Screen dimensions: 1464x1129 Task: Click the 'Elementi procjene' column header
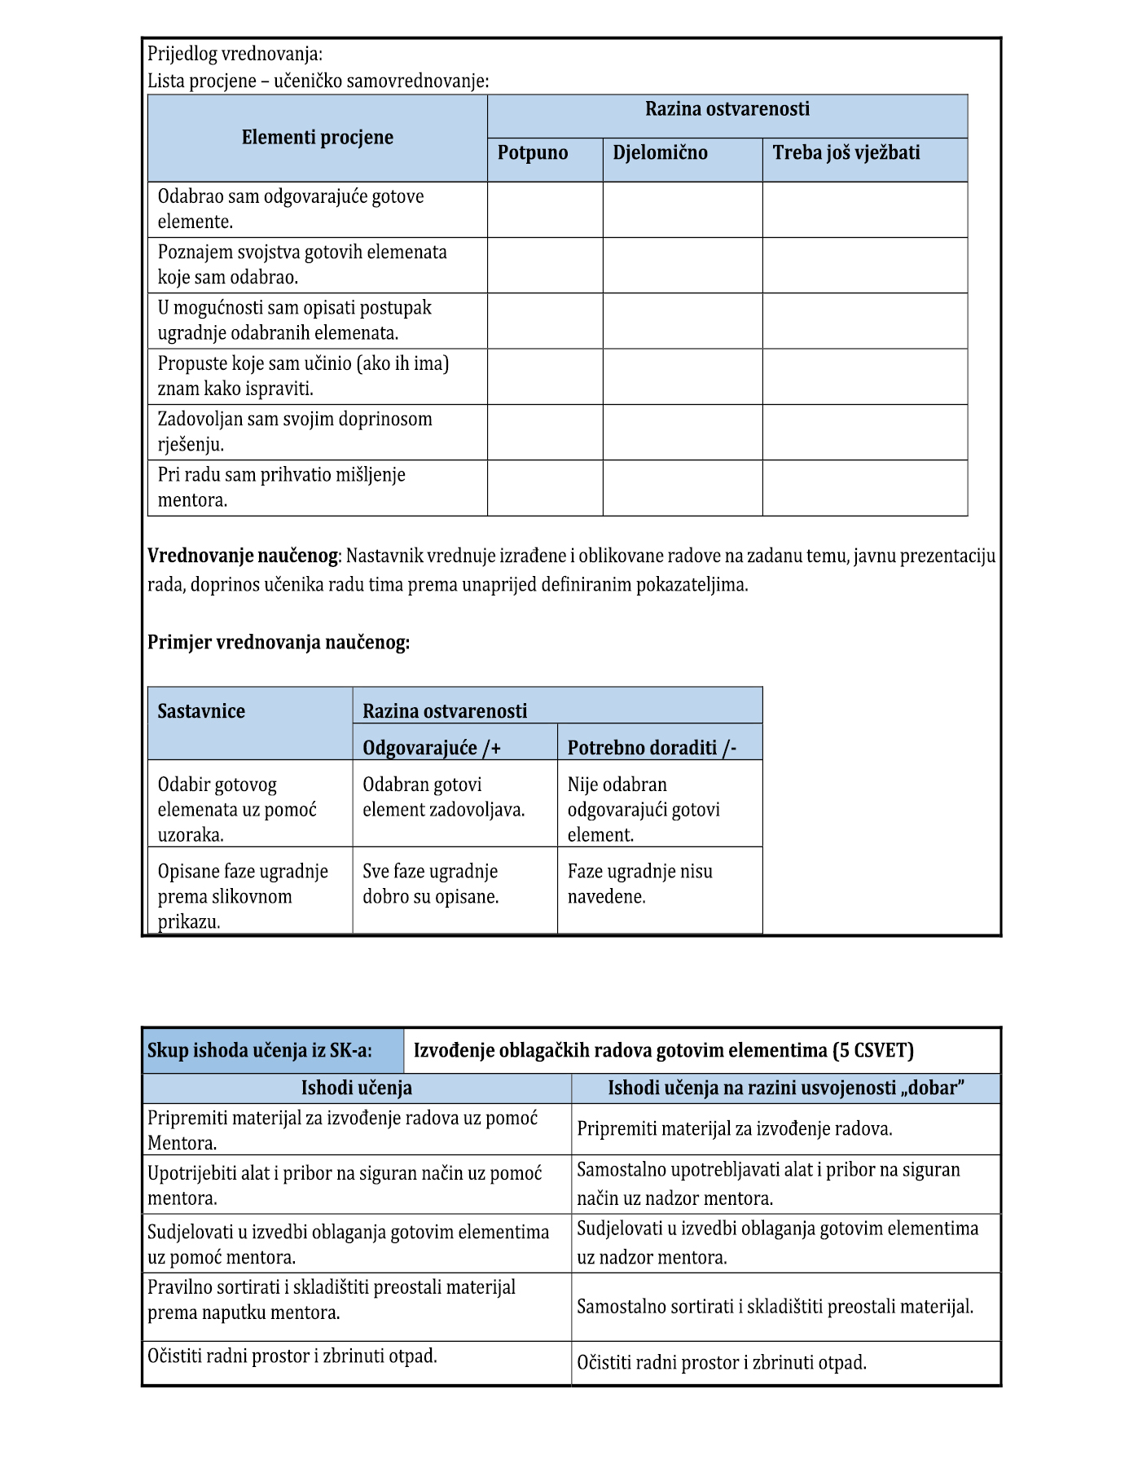pyautogui.click(x=317, y=138)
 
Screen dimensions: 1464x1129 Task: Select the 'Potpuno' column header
pyautogui.click(x=533, y=153)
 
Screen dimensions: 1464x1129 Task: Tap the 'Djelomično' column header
pyautogui.click(x=660, y=153)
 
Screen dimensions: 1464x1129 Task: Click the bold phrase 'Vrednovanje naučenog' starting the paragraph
pyautogui.click(x=242, y=556)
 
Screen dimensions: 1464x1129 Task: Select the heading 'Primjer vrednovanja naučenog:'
pyautogui.click(x=279, y=643)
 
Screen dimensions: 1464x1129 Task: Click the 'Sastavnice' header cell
pyautogui.click(x=201, y=711)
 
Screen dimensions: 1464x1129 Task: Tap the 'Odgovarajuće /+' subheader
pyautogui.click(x=432, y=748)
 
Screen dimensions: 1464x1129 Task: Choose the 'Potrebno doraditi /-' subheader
pyautogui.click(x=652, y=748)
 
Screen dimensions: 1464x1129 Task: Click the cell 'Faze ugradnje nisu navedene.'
pyautogui.click(x=639, y=884)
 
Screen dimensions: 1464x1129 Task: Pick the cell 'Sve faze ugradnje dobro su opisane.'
pyautogui.click(x=430, y=884)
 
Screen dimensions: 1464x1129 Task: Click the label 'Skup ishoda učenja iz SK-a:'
pyautogui.click(x=260, y=1051)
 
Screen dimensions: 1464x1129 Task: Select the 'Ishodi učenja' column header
pyautogui.click(x=357, y=1088)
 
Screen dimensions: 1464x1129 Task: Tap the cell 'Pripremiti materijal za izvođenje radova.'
pyautogui.click(x=735, y=1129)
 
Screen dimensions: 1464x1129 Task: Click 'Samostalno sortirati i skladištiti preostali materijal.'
pyautogui.click(x=775, y=1307)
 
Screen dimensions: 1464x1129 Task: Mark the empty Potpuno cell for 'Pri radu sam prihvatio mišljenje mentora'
pyautogui.click(x=545, y=488)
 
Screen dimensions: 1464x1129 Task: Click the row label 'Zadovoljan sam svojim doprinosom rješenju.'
pyautogui.click(x=295, y=432)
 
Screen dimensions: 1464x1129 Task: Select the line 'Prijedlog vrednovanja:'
pyautogui.click(x=235, y=55)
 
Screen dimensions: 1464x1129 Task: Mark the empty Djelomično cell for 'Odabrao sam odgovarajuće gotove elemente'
pyautogui.click(x=683, y=209)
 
